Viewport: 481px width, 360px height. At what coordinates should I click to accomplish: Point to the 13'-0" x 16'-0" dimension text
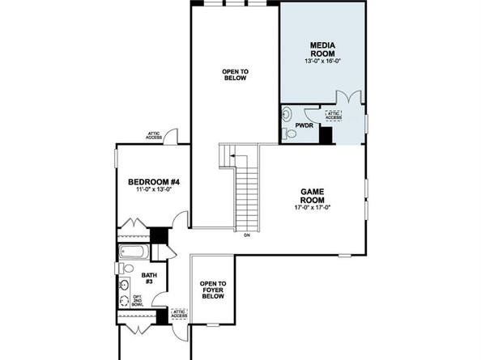click(323, 60)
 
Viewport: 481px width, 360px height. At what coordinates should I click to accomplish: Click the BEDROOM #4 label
click(153, 182)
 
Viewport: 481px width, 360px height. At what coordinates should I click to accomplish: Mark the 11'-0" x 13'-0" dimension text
click(153, 192)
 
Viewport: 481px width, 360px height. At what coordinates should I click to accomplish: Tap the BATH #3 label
click(149, 279)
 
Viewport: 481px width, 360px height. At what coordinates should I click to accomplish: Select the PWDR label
click(304, 125)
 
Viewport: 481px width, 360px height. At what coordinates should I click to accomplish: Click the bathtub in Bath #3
click(131, 252)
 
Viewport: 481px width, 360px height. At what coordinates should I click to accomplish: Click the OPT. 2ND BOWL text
click(138, 302)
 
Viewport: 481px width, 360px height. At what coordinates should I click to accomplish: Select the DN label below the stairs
click(246, 235)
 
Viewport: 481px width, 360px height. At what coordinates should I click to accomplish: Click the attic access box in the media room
click(333, 116)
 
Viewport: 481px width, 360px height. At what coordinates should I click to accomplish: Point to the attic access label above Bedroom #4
click(154, 136)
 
